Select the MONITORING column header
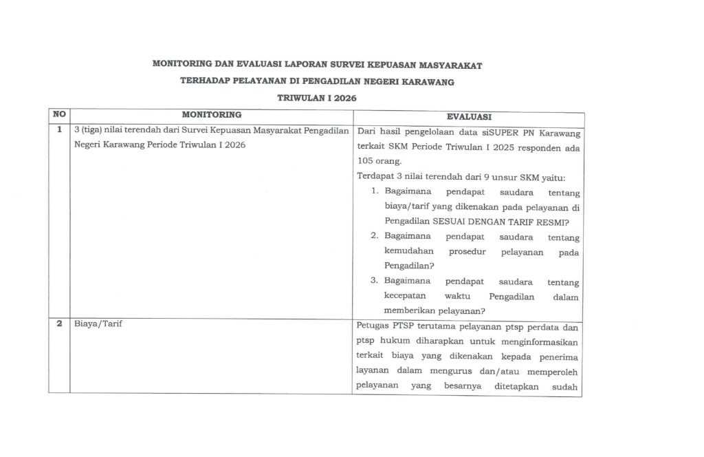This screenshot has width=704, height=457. (x=211, y=114)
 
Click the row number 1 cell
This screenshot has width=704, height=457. (x=59, y=129)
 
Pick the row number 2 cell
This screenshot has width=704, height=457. (x=59, y=324)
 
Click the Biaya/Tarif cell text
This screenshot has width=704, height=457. (x=98, y=324)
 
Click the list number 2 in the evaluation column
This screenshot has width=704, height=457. (x=375, y=237)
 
